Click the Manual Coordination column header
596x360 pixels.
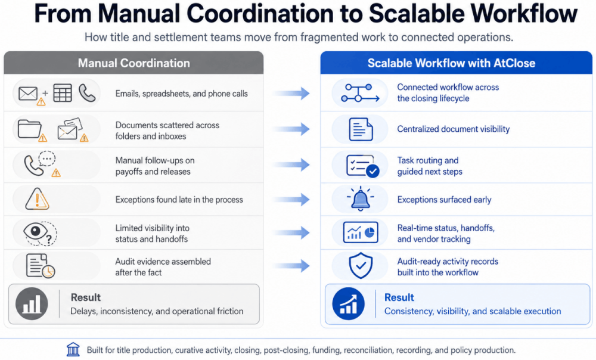click(x=134, y=63)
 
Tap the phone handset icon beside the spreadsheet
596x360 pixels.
click(x=87, y=93)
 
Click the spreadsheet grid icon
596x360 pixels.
click(x=63, y=93)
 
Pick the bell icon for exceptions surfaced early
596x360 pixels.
click(x=360, y=198)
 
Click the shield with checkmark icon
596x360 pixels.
click(x=361, y=265)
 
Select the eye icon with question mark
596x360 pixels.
click(x=39, y=232)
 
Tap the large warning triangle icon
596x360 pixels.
click(x=37, y=199)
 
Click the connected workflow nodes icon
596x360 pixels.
click(x=360, y=93)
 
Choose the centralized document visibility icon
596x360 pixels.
click(x=361, y=129)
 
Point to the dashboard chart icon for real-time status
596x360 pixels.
click(x=361, y=232)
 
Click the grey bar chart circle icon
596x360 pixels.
click(x=32, y=304)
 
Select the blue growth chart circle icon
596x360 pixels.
click(x=348, y=304)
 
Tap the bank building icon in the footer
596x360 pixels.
click(x=73, y=349)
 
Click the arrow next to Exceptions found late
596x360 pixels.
click(x=291, y=199)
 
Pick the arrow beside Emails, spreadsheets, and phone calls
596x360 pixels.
click(x=291, y=93)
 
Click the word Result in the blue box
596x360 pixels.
click(x=399, y=297)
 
